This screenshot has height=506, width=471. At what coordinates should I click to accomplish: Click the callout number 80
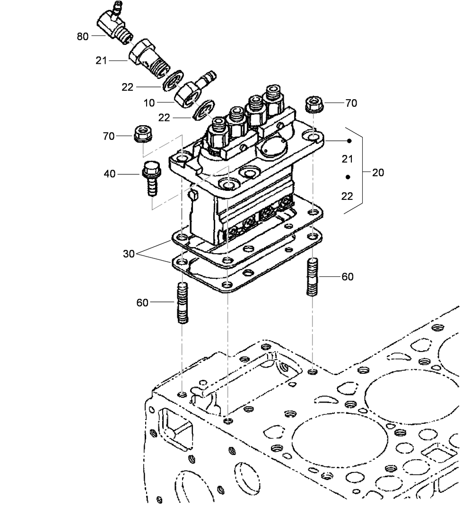(82, 36)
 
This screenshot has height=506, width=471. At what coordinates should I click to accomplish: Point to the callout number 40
(109, 174)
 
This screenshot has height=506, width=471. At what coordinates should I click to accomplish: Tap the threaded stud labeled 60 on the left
(183, 303)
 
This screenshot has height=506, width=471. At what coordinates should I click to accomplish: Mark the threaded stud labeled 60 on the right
(313, 277)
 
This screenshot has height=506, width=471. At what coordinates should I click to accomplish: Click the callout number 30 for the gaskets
(129, 254)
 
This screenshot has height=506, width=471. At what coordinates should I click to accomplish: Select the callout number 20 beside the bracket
(378, 172)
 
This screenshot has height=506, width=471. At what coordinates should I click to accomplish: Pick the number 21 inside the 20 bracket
(348, 159)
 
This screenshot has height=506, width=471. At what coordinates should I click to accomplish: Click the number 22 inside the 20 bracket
(348, 196)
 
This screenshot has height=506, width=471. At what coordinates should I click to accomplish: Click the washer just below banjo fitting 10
(205, 110)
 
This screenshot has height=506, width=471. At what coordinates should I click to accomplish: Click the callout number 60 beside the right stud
(347, 277)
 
